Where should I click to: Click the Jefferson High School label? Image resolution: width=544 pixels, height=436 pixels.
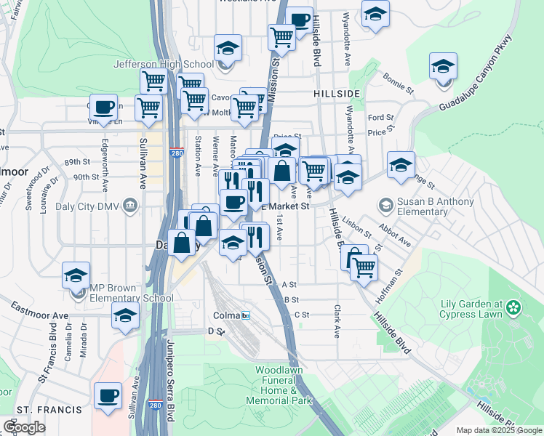click(x=163, y=64)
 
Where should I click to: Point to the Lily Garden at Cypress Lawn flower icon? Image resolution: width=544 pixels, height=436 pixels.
click(x=514, y=307)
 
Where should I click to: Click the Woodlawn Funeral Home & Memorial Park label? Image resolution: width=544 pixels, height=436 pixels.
click(x=284, y=385)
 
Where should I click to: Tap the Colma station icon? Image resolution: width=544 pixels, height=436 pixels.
click(x=247, y=315)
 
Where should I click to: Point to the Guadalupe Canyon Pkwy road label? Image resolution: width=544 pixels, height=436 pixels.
click(x=475, y=74)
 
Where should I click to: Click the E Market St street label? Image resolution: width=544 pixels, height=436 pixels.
click(x=285, y=206)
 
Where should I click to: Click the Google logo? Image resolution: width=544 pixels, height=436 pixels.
click(x=24, y=427)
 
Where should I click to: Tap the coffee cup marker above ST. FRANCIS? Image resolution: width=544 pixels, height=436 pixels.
click(x=108, y=396)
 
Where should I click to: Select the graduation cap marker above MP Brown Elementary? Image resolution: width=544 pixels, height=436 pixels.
click(x=76, y=276)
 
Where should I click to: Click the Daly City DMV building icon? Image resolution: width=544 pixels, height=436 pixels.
click(x=130, y=205)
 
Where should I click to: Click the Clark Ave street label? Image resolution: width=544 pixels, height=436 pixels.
click(x=337, y=320)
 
